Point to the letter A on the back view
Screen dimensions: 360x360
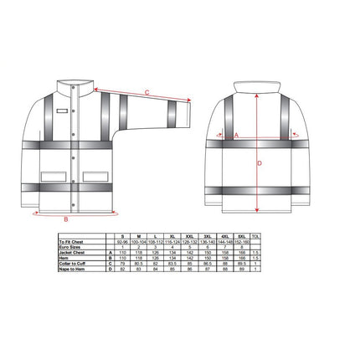pos(237,134)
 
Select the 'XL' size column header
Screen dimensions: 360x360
pos(185,236)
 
